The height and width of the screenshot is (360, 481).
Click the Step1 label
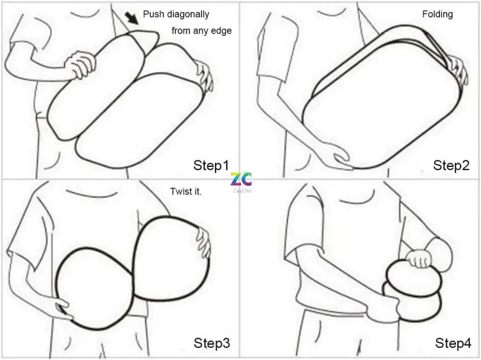point(211,166)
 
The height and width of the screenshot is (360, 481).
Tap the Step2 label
point(451,166)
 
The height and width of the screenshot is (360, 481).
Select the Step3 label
point(212,343)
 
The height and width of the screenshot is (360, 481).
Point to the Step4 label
point(453,343)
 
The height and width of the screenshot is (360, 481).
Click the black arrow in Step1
point(132,18)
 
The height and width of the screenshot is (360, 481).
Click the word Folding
point(437,14)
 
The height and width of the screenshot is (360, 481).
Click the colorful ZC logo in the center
point(241,181)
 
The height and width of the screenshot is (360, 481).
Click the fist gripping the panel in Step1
point(80,64)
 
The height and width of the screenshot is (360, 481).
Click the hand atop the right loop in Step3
point(204,241)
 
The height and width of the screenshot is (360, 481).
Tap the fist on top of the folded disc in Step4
point(419,259)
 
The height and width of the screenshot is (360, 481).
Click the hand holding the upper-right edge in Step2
point(458,69)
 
